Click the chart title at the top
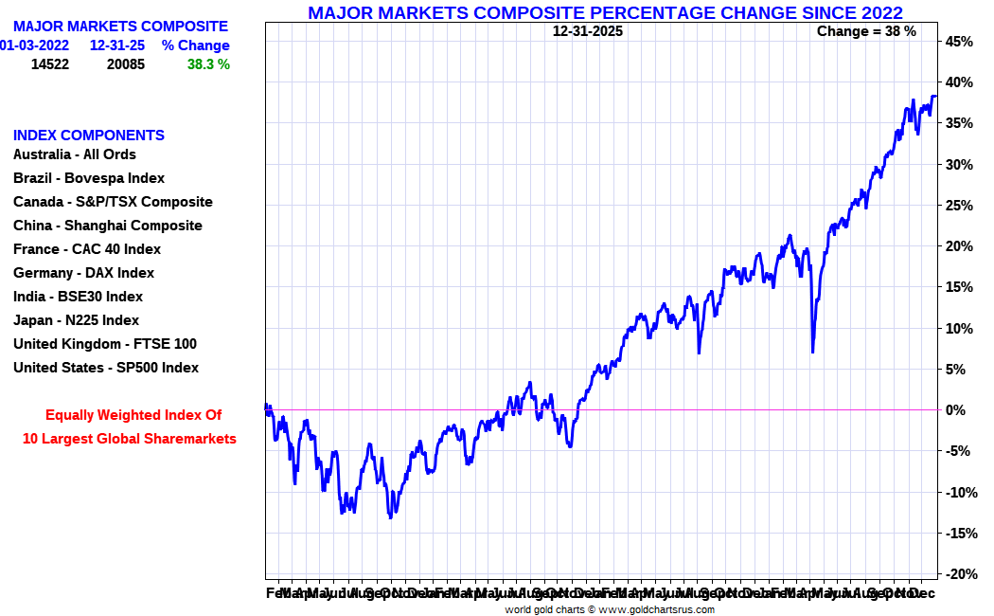tap(605, 12)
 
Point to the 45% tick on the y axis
tap(958, 42)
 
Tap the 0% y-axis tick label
tap(957, 410)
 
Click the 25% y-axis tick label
tap(958, 206)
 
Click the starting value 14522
tap(50, 64)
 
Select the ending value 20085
tap(126, 64)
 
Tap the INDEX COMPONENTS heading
tap(89, 136)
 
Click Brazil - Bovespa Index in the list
tap(89, 178)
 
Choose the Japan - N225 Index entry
tap(76, 320)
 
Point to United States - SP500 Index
tap(106, 368)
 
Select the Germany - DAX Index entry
tap(83, 273)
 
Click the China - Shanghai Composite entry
tap(108, 226)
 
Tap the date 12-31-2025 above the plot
tap(588, 31)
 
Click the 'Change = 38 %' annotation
tap(866, 31)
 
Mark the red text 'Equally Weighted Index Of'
tap(133, 415)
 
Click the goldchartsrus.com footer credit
tap(610, 609)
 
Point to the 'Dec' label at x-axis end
tap(923, 593)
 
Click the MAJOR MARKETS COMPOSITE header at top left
tap(120, 27)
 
